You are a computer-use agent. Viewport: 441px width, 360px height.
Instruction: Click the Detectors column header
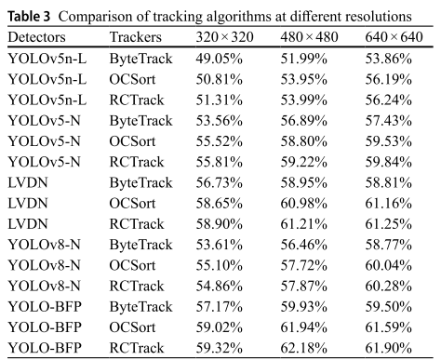36,37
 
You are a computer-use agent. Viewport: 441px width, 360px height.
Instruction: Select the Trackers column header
136,37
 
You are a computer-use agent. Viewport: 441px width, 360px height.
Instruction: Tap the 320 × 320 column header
224,37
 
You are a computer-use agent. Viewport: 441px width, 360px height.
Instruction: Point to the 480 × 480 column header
309,37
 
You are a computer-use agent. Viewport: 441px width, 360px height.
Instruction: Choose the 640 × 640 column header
394,37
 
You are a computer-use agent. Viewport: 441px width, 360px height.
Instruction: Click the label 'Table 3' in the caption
29,17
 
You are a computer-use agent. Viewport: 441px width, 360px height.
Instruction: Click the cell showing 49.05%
219,59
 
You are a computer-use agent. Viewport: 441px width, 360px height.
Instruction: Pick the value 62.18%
304,348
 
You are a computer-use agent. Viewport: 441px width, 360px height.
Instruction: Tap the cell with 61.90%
389,348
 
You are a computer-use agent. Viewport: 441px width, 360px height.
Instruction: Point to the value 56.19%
389,79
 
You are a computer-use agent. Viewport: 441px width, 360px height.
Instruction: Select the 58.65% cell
219,203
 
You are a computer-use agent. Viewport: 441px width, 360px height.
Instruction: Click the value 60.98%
304,203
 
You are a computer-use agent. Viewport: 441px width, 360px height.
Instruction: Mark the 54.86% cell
219,286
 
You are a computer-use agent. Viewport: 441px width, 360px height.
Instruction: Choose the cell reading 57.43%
389,120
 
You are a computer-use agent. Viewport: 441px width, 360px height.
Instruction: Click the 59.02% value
219,327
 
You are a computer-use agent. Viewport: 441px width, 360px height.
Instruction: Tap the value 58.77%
389,245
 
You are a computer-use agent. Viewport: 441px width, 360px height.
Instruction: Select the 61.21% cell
304,224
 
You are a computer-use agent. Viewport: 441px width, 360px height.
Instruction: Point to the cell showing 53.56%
219,120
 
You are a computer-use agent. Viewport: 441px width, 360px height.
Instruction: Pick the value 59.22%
304,162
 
